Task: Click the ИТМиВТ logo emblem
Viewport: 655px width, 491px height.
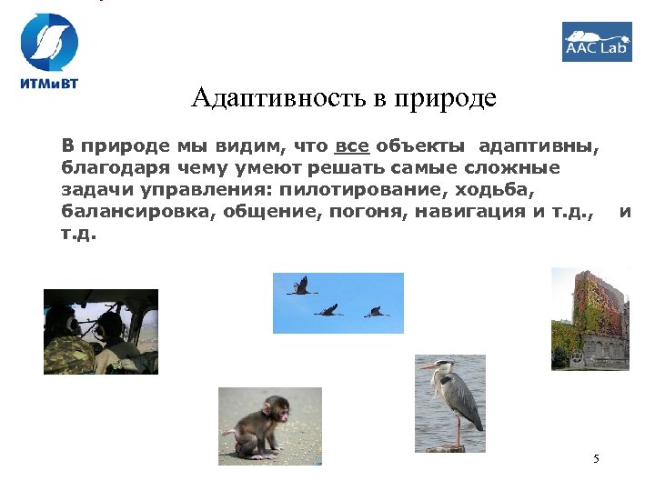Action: [50, 41]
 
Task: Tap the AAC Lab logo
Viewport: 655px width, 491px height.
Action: [596, 41]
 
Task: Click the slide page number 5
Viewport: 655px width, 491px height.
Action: [596, 458]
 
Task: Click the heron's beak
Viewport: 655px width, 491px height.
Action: [428, 366]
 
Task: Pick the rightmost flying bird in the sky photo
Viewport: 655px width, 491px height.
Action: [377, 312]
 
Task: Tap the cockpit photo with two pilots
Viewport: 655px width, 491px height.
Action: [100, 332]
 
